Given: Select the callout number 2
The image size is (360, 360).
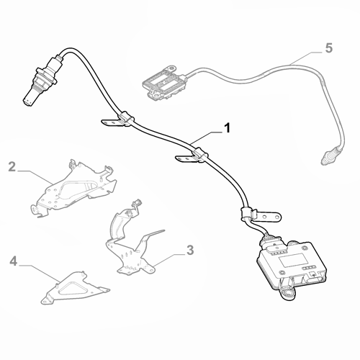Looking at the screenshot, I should (x=12, y=168).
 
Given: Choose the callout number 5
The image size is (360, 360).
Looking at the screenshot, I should (x=328, y=49).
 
